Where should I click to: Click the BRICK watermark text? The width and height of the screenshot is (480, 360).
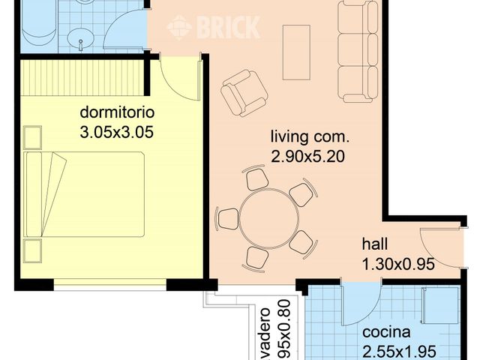(x=226, y=28)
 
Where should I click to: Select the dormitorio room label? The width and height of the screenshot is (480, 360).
(x=117, y=114)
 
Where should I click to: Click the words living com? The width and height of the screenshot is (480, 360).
(x=310, y=138)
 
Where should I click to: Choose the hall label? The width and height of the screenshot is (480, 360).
(x=375, y=244)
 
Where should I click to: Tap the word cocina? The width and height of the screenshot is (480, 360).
(x=387, y=333)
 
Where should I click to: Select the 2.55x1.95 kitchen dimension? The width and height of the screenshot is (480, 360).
(x=399, y=351)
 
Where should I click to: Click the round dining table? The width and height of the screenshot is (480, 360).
(x=269, y=218)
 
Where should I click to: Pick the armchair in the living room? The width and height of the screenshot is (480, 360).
(x=243, y=91)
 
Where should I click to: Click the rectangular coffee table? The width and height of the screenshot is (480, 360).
(x=295, y=52)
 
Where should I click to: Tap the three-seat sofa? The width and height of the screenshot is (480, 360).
(x=354, y=51)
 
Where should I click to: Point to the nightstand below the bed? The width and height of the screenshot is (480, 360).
(x=32, y=250)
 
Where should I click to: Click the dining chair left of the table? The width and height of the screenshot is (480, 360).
(x=227, y=219)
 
